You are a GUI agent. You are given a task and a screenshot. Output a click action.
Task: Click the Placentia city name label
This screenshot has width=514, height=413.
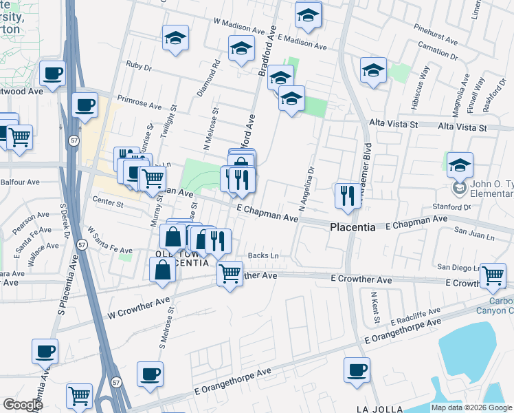tap(353, 227)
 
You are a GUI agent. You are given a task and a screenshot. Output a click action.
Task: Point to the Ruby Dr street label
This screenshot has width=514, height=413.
tap(138, 66)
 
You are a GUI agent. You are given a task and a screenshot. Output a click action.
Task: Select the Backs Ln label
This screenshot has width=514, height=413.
tap(263, 256)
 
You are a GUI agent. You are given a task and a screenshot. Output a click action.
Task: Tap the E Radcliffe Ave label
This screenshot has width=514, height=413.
tap(415, 317)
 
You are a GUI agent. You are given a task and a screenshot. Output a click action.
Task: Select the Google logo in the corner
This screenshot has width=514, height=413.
tap(23, 405)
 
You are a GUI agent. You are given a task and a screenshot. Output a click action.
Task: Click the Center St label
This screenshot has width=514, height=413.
tap(107, 204)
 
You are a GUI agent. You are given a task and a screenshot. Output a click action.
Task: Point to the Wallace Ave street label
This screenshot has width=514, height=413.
tap(43, 254)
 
